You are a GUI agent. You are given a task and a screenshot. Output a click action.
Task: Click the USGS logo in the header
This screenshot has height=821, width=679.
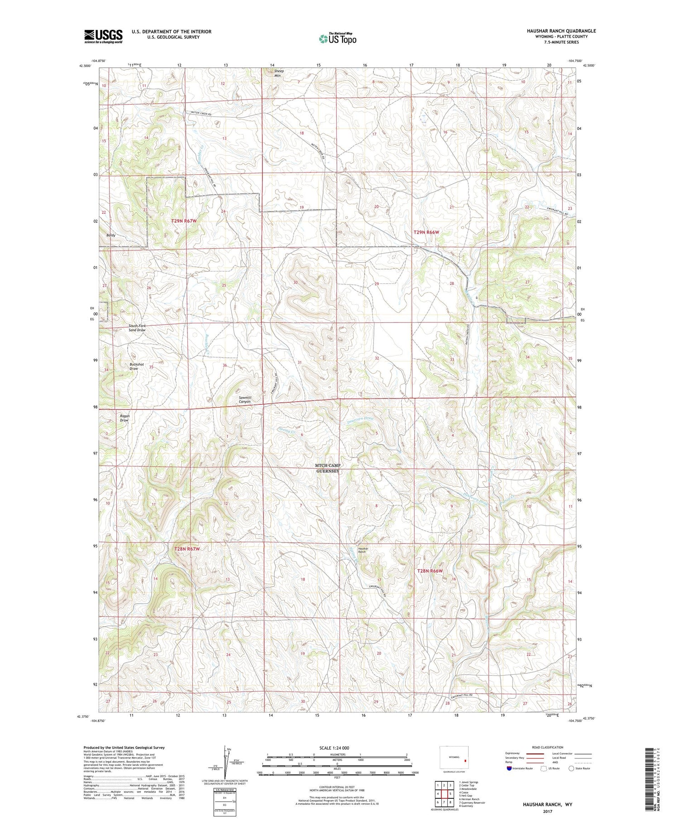pos(103,36)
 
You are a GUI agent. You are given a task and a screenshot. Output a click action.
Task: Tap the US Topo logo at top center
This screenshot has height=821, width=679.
pos(338,39)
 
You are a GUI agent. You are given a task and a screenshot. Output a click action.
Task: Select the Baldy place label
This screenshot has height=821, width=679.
pos(111,235)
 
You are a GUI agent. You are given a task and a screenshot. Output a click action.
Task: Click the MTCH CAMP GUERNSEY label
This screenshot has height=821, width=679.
pos(328,468)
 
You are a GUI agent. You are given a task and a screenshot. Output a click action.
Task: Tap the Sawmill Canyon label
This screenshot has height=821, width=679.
pos(245,399)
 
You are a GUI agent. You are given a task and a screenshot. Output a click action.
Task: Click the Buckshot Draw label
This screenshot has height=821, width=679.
pos(134,366)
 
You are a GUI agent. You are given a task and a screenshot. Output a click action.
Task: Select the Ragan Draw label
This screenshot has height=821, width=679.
pos(124,418)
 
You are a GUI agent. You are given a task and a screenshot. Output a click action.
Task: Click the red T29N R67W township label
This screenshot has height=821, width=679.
pos(184,221)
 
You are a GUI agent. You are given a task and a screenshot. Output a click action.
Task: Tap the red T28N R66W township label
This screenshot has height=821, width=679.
pos(430,571)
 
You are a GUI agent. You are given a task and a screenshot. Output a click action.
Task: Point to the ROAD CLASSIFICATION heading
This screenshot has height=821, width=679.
pos(548,747)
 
